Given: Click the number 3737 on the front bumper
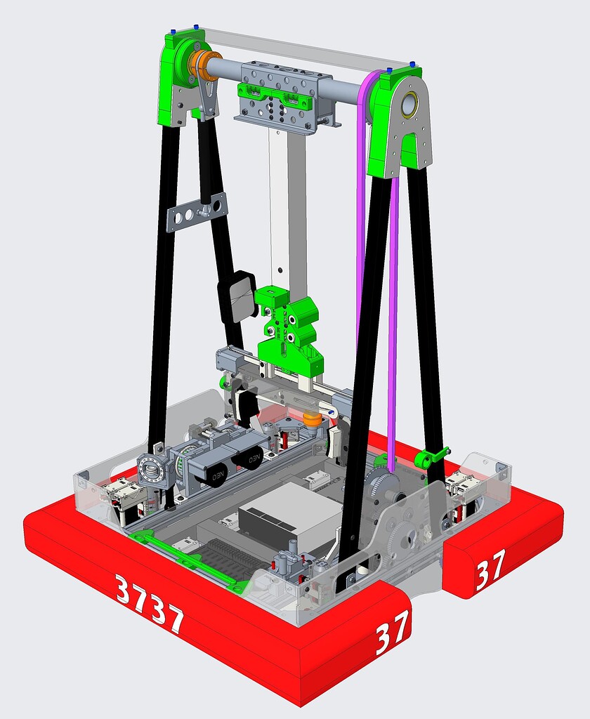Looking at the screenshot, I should [x=149, y=604].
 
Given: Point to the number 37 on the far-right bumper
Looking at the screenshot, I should [x=490, y=573].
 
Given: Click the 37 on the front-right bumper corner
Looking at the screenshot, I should [x=391, y=636].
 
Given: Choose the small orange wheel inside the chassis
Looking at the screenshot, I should [x=312, y=419].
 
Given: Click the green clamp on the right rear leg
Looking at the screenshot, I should [x=430, y=459].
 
